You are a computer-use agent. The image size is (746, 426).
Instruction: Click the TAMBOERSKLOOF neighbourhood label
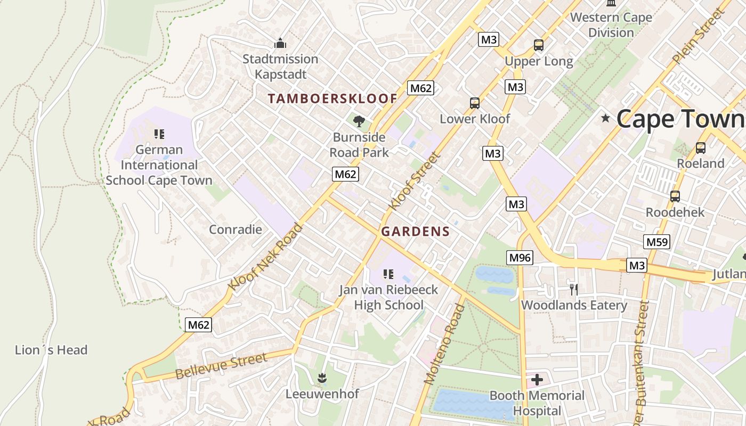(333, 99)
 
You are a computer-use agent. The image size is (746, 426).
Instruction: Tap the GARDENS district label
(416, 232)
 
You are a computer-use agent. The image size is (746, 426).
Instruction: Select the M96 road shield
(520, 258)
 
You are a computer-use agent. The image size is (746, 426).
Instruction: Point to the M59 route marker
(656, 242)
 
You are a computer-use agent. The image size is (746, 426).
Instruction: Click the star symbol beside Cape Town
(605, 118)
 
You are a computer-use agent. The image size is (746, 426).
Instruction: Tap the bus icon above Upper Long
(539, 45)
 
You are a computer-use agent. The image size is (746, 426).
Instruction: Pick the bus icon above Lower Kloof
(474, 103)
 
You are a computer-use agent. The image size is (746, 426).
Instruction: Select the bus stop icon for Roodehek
(675, 196)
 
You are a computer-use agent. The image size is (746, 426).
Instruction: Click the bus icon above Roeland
(700, 148)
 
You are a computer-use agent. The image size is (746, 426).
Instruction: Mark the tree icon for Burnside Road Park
(359, 121)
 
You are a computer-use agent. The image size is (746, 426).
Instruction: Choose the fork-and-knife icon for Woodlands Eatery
(574, 289)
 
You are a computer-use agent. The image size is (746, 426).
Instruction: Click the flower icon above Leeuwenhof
(322, 379)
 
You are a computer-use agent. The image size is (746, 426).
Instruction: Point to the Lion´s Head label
(51, 350)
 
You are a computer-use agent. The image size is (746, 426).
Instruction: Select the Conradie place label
(236, 230)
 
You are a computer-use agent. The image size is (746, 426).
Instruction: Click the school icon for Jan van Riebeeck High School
(388, 274)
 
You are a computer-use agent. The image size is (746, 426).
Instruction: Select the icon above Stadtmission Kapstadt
(280, 43)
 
